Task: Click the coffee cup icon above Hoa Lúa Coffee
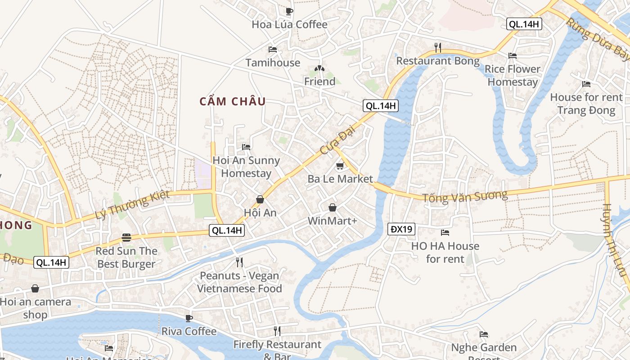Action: pyautogui.click(x=289, y=11)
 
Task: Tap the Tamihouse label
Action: pyautogui.click(x=273, y=63)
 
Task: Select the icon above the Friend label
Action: pyautogui.click(x=319, y=69)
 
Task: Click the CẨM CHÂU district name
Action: pyautogui.click(x=233, y=102)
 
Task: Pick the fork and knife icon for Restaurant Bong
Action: pyautogui.click(x=437, y=47)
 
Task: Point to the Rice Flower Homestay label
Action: pyautogui.click(x=513, y=76)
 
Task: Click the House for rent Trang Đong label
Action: pyautogui.click(x=586, y=104)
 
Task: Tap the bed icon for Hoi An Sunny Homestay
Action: pyautogui.click(x=246, y=147)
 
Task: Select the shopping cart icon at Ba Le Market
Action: pyautogui.click(x=340, y=166)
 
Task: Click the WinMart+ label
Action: pyautogui.click(x=332, y=221)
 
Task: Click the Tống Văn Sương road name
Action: pyautogui.click(x=465, y=196)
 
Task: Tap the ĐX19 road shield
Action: pyautogui.click(x=401, y=229)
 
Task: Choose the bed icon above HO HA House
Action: pyautogui.click(x=445, y=233)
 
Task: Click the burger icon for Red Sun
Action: pyautogui.click(x=126, y=238)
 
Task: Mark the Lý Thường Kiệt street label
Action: pyautogui.click(x=132, y=205)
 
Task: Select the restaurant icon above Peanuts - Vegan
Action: pyautogui.click(x=239, y=262)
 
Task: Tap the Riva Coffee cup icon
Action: pyautogui.click(x=189, y=319)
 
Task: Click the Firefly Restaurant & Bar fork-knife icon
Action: pyautogui.click(x=277, y=331)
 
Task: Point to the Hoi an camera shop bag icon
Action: pyautogui.click(x=35, y=288)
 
